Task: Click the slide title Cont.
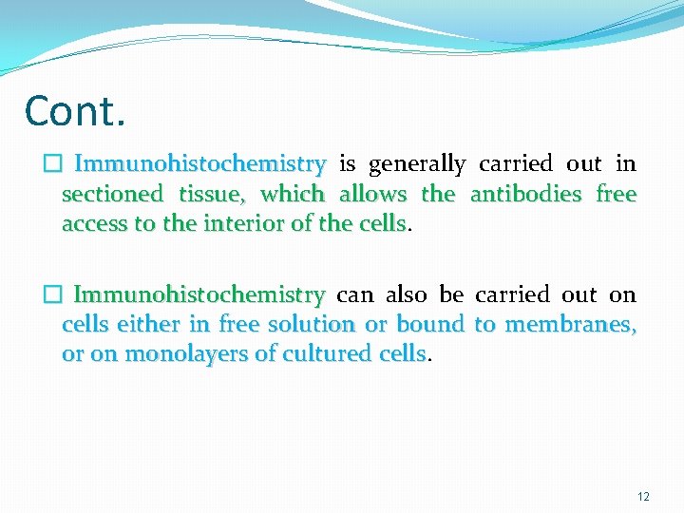pyautogui.click(x=75, y=111)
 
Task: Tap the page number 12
pyautogui.click(x=643, y=497)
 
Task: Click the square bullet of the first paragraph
pyautogui.click(x=51, y=164)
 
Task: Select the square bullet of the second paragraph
pyautogui.click(x=51, y=295)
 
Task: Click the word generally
pyautogui.click(x=417, y=165)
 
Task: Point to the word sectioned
pyautogui.click(x=112, y=195)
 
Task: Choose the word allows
pyautogui.click(x=372, y=195)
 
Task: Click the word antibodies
pyautogui.click(x=525, y=195)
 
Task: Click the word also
pyautogui.click(x=407, y=295)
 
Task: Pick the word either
pyautogui.click(x=151, y=325)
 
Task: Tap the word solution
pyautogui.click(x=309, y=325)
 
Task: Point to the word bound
pyautogui.click(x=429, y=325)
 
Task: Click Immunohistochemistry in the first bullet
pyautogui.click(x=199, y=165)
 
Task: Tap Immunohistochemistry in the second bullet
pyautogui.click(x=199, y=295)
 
